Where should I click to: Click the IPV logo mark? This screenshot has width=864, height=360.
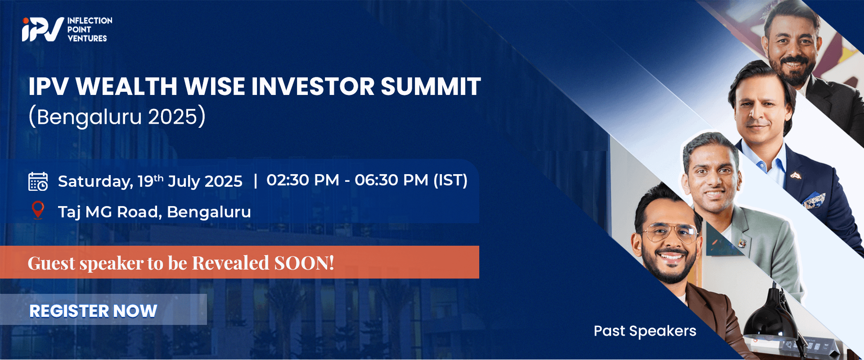point(42,30)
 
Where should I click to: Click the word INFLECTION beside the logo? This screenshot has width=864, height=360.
point(90,21)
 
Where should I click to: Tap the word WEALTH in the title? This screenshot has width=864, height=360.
point(126,86)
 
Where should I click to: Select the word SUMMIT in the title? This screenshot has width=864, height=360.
point(431,86)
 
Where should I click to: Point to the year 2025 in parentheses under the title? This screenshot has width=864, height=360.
point(173,117)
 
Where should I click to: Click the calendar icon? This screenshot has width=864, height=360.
point(38,181)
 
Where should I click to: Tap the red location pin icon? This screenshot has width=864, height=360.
point(38,210)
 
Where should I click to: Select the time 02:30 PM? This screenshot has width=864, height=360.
point(303,180)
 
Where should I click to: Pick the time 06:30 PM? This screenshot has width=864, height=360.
point(391,180)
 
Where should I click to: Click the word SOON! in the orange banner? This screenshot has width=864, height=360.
point(304,263)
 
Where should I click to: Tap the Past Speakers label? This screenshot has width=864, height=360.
point(645,331)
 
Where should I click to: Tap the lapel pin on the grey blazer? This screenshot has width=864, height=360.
point(742,243)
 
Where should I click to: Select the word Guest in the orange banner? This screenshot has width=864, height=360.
point(51,263)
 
